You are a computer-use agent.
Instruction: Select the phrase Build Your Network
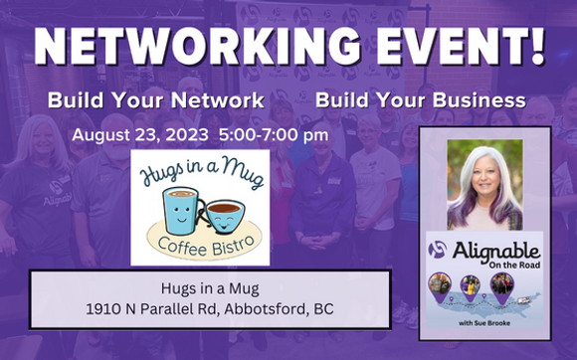coord(156,100)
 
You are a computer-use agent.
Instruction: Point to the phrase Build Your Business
coord(421,100)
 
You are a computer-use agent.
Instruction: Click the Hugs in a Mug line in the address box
coord(209,288)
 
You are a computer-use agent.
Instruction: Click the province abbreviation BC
coord(322,309)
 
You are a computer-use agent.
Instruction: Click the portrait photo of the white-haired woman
coord(484,184)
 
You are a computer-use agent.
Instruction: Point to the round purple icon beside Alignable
coord(438,251)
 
